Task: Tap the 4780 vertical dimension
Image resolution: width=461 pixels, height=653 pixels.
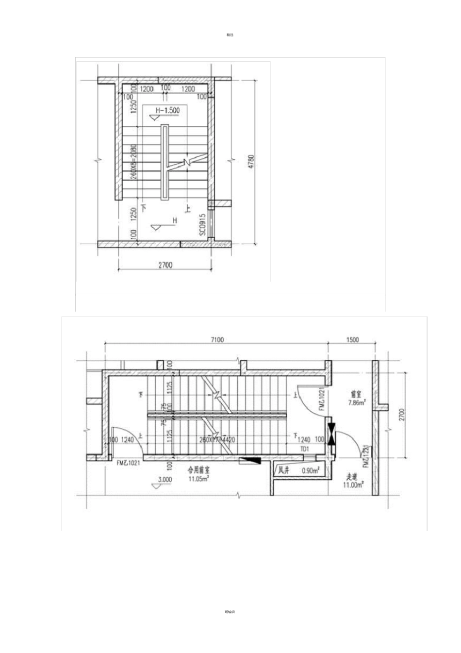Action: pyautogui.click(x=251, y=162)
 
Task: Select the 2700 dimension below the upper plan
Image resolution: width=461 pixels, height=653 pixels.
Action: pyautogui.click(x=165, y=265)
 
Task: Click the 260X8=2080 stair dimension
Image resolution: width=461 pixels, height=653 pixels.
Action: pyautogui.click(x=133, y=161)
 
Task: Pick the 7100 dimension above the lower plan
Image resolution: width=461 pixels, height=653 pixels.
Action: pyautogui.click(x=217, y=340)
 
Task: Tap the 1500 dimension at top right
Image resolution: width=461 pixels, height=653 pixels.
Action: pyautogui.click(x=353, y=340)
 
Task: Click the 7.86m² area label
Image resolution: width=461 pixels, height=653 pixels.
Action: pyautogui.click(x=357, y=402)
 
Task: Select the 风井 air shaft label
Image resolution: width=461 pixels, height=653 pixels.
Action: pyautogui.click(x=284, y=470)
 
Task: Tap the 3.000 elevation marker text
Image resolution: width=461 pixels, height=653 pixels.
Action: pyautogui.click(x=165, y=479)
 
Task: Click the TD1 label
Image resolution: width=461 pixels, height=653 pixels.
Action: pyautogui.click(x=305, y=449)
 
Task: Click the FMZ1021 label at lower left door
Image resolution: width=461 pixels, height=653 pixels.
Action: pyautogui.click(x=129, y=463)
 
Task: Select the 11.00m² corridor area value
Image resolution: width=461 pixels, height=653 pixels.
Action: pyautogui.click(x=354, y=485)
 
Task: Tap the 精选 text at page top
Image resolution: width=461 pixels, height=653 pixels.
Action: pyautogui.click(x=230, y=35)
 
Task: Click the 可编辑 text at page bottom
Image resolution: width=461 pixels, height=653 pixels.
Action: pyautogui.click(x=230, y=612)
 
